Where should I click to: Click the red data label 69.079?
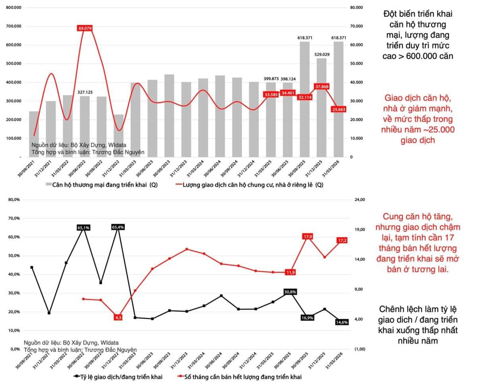tap(85, 28)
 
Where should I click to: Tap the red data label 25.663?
tap(339, 109)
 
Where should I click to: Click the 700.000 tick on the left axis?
tap(14, 26)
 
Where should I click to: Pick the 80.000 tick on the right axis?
tap(356, 8)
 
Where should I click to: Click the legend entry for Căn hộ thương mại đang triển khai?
tap(101, 185)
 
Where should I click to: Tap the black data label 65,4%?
tap(118, 227)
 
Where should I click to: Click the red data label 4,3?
tap(118, 317)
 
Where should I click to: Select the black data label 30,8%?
tap(290, 292)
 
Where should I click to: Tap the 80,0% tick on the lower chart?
tap(14, 200)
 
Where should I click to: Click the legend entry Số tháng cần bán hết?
tap(242, 376)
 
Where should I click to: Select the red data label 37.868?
tap(321, 86)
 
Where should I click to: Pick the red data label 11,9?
tap(290, 272)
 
